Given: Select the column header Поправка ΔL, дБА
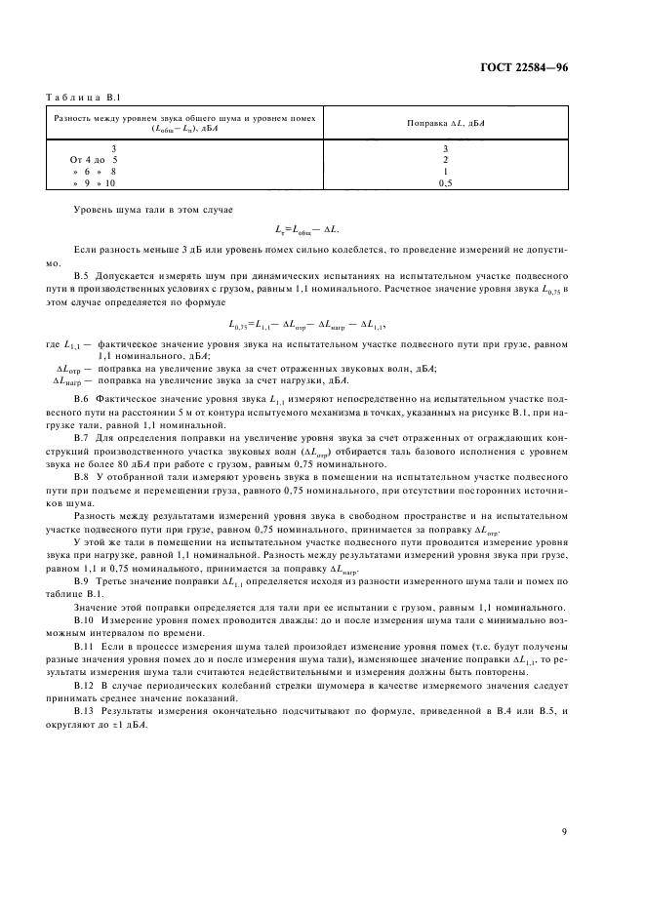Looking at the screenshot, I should tap(445, 123).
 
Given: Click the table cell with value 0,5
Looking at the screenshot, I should tap(445, 182).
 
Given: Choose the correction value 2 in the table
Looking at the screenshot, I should tap(445, 158).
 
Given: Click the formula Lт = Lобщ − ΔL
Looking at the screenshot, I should tap(321, 228).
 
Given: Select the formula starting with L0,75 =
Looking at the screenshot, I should tap(322, 323).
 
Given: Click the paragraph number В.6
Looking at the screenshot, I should tap(83, 401).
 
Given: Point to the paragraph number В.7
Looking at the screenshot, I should tap(83, 438).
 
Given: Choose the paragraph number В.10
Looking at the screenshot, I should tap(85, 620).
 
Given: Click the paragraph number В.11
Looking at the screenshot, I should tap(85, 645).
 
